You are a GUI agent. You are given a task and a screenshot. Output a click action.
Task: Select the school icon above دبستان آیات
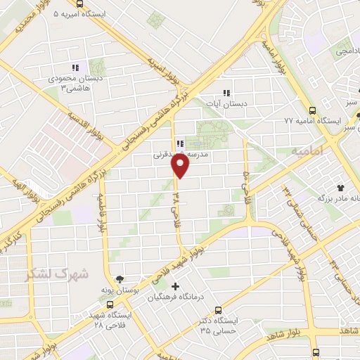point(226,92)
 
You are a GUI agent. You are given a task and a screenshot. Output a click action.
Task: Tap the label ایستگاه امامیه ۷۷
point(288,121)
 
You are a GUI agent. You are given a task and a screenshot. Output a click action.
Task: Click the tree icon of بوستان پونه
point(119,279)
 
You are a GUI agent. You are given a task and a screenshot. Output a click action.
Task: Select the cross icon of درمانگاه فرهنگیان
point(174,287)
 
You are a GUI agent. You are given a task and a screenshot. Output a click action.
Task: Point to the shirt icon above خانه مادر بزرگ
point(341,188)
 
